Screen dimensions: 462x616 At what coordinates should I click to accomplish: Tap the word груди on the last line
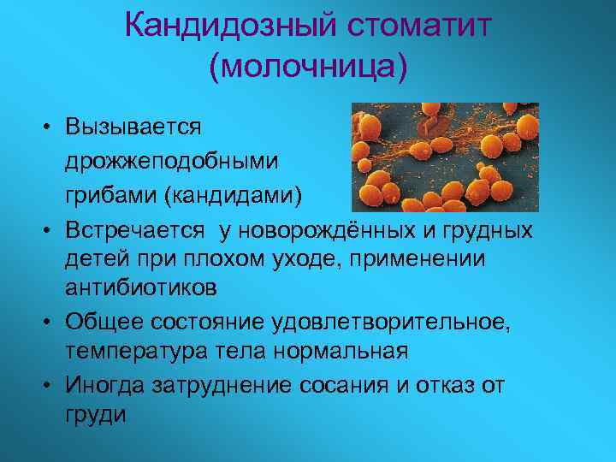[x=93, y=415]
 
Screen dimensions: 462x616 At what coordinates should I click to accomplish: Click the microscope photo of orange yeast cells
[x=445, y=157]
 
